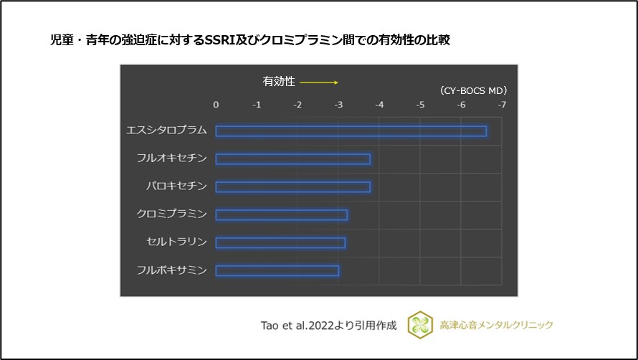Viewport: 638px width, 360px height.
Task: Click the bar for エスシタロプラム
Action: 351,131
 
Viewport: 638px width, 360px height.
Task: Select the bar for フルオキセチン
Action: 292,158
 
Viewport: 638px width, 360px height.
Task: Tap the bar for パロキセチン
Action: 292,186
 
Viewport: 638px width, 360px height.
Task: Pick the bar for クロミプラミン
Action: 281,214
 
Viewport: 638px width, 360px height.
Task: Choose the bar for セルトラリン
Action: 280,242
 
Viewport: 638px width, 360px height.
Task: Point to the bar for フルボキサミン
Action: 277,270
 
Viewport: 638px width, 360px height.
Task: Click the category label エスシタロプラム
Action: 166,131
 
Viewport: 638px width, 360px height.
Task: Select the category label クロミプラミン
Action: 171,214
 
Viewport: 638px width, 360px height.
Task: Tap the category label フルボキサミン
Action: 171,270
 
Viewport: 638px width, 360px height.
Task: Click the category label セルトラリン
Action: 176,242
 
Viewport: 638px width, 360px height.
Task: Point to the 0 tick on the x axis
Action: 216,105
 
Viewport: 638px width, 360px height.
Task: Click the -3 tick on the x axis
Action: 338,105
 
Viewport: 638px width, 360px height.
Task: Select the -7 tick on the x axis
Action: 501,105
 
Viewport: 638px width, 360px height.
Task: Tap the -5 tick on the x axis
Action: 419,105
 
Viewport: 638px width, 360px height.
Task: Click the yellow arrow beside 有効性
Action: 319,82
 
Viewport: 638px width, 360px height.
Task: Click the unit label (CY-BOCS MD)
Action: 473,91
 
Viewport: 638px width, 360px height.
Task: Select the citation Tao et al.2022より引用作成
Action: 328,325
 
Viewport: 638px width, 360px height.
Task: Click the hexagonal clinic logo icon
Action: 420,325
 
